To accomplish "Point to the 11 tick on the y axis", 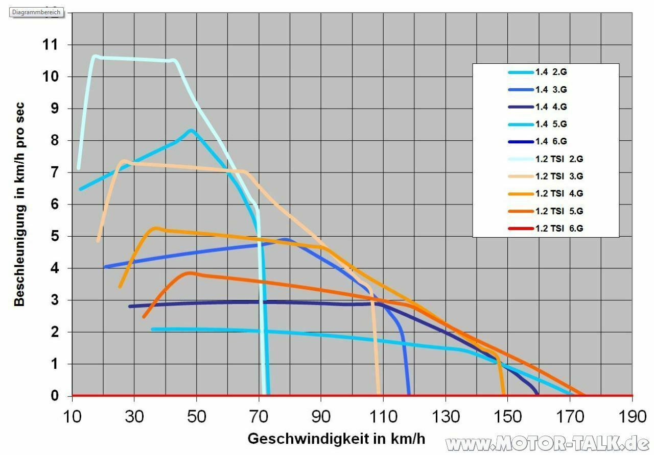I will point(51,45).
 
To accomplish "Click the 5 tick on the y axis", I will point(55,237).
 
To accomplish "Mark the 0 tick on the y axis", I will point(55,396).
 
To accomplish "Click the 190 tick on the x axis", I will point(633,417).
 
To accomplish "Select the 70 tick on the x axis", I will point(260,417).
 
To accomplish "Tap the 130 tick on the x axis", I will point(446,417).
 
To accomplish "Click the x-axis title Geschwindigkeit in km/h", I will point(336,439).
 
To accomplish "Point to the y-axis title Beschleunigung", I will point(19,204).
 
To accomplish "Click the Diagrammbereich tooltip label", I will point(37,12).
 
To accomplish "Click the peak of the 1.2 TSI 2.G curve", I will point(95,56).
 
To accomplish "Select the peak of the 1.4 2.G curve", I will point(191,131).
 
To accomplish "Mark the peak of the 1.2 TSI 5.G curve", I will point(190,273).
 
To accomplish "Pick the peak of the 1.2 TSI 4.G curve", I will point(156,228).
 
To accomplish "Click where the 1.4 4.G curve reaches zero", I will point(537,394).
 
